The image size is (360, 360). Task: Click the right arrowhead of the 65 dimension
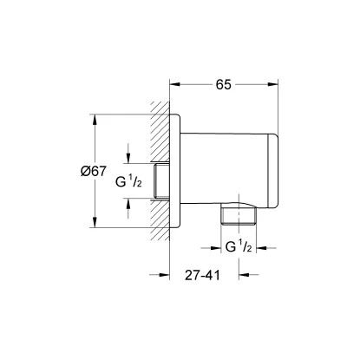277,84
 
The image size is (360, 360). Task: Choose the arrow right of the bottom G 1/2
257,246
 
